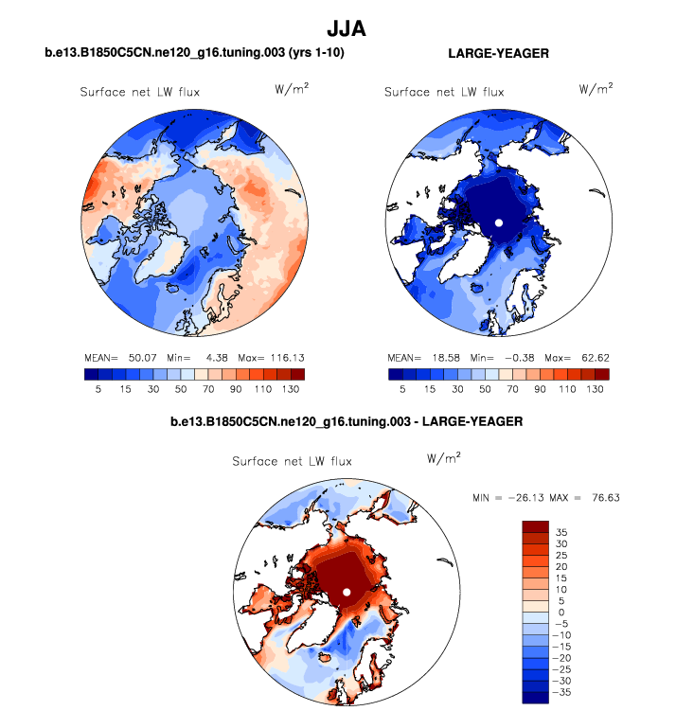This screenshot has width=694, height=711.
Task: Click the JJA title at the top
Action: [x=347, y=29]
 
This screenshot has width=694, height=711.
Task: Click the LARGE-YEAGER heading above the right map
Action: [x=498, y=53]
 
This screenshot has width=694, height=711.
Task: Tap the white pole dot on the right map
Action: [x=498, y=222]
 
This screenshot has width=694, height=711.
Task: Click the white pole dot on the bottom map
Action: [x=347, y=592]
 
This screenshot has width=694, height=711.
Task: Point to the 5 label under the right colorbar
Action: [x=402, y=388]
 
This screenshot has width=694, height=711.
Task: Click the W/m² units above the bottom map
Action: [x=444, y=457]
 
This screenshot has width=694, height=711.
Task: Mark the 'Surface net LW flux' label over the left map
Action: [x=139, y=92]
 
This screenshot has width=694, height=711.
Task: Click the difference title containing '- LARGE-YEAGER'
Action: [x=347, y=420]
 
